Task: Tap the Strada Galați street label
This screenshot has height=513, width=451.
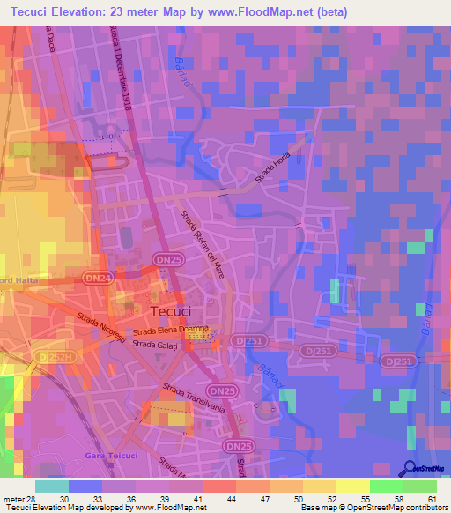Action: [156, 344]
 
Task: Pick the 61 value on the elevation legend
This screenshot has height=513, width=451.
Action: [432, 499]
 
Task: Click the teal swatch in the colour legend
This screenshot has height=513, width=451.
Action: [52, 486]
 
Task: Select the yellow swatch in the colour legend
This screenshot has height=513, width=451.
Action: [353, 486]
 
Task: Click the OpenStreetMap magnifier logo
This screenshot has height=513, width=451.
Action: [410, 467]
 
